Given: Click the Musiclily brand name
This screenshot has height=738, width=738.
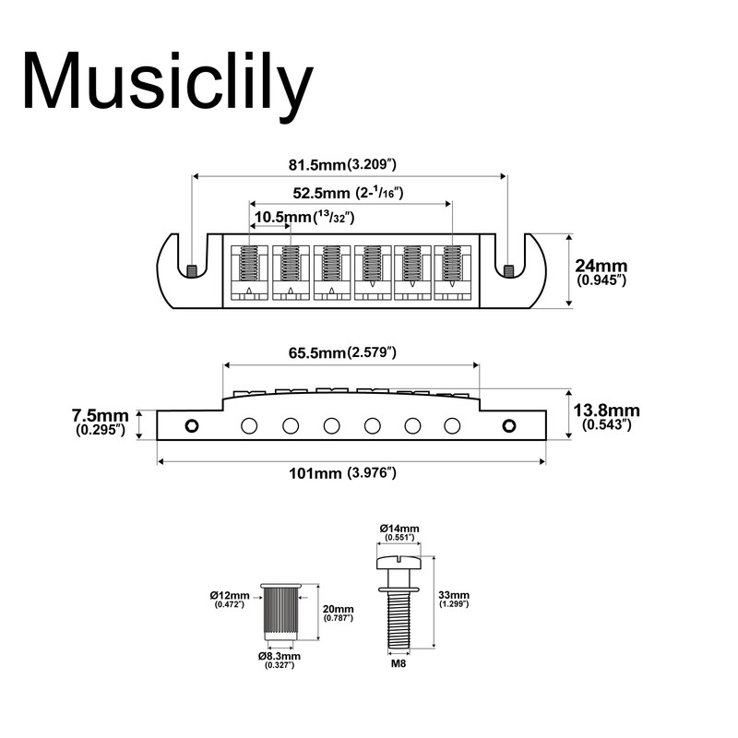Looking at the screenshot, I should coord(167,84).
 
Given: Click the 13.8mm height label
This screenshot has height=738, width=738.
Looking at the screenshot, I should coord(605,416).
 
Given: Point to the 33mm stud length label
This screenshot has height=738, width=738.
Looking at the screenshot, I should coord(455,600).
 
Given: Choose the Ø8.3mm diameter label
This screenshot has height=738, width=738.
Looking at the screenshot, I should coord(280,659).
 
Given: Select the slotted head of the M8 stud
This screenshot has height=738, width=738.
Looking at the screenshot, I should coord(398,561).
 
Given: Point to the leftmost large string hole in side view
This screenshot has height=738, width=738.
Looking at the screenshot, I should coord(248,425).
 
